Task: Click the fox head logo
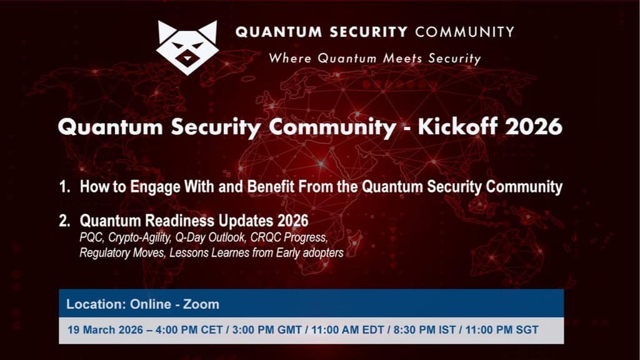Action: click(x=187, y=47)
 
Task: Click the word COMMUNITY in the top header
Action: click(x=464, y=32)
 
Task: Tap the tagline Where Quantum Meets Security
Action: click(x=375, y=58)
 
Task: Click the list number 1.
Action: click(x=64, y=186)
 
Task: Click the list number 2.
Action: click(x=64, y=221)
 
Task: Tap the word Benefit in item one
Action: click(x=271, y=186)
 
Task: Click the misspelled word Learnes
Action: click(x=229, y=252)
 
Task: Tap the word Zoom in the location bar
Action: click(x=201, y=304)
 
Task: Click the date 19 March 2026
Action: click(x=105, y=330)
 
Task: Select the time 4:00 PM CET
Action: click(x=189, y=330)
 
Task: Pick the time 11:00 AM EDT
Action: click(x=347, y=330)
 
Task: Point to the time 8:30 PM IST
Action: click(x=424, y=330)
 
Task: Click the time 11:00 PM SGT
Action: click(x=502, y=330)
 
